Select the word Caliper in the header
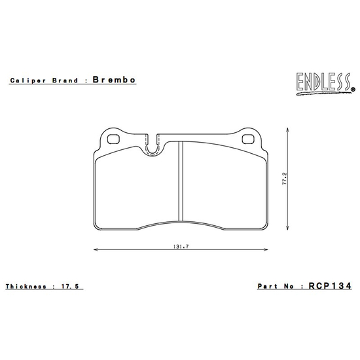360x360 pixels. pyautogui.click(x=26, y=81)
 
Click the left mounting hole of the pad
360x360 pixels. pyautogui.click(x=110, y=138)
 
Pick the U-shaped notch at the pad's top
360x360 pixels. pyautogui.click(x=152, y=148)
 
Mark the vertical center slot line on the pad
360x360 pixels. pyautogui.click(x=180, y=183)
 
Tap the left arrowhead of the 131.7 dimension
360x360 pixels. pyautogui.click(x=96, y=249)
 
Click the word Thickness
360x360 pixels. pyautogui.click(x=26, y=287)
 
